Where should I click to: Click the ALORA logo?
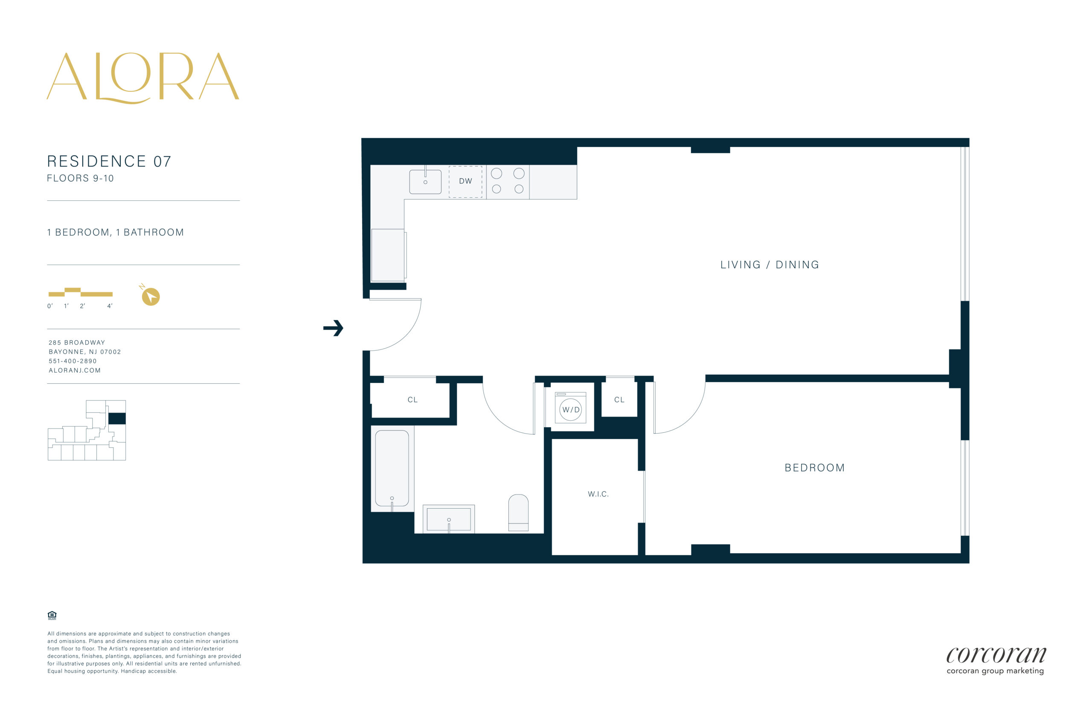[x=142, y=78]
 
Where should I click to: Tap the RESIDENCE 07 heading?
[x=109, y=162]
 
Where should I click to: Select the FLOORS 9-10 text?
[x=80, y=178]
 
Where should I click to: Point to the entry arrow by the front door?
[x=334, y=328]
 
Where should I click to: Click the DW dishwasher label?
[x=465, y=181]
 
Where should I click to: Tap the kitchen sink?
[x=425, y=182]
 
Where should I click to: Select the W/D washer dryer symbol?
[x=571, y=408]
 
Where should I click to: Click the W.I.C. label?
[x=598, y=494]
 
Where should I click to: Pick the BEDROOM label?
[x=815, y=468]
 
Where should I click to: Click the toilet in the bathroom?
[x=518, y=512]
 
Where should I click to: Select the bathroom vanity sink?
[x=449, y=519]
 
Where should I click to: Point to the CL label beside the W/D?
[x=619, y=400]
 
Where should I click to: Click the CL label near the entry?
[x=412, y=400]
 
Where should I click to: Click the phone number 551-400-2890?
[x=73, y=361]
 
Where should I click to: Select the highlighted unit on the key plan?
[x=117, y=419]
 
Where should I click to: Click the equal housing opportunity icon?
[x=52, y=615]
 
